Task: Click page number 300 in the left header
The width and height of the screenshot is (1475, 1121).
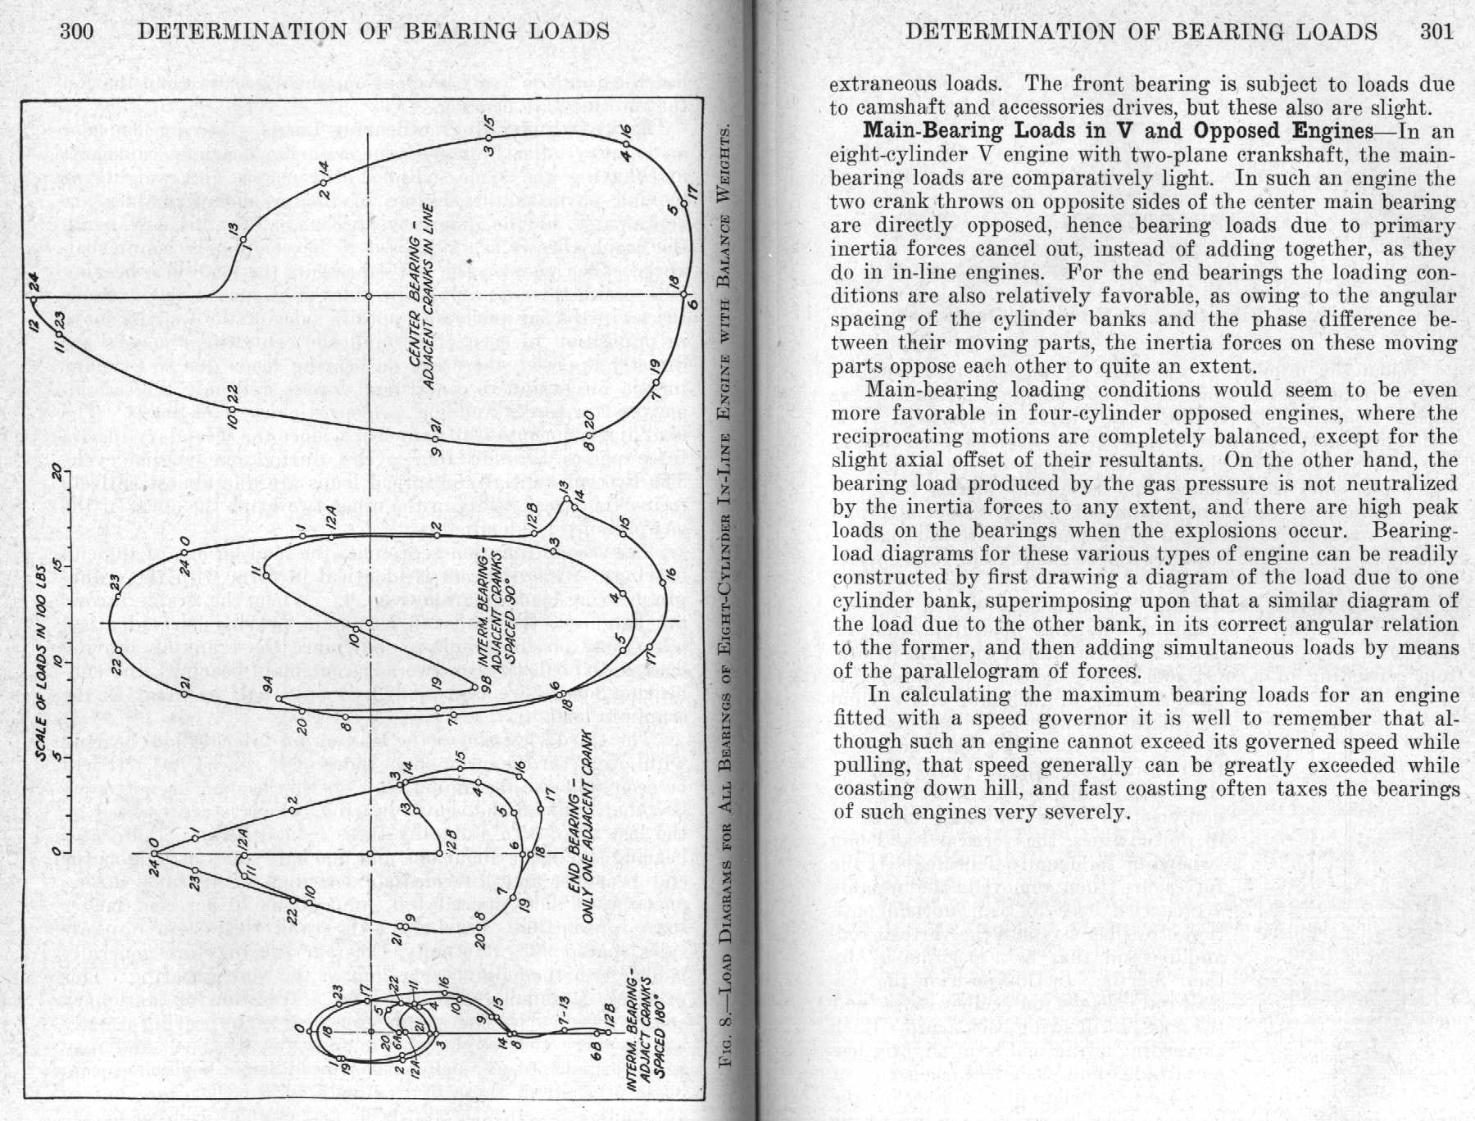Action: (x=77, y=32)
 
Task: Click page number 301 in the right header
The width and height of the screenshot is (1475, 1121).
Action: (x=1436, y=32)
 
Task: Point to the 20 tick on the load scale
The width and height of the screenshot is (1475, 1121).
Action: (x=56, y=472)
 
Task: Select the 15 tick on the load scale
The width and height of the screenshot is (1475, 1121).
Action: (x=56, y=566)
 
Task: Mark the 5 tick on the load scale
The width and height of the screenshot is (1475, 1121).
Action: (x=56, y=756)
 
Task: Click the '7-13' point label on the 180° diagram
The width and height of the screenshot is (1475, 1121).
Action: (x=564, y=1014)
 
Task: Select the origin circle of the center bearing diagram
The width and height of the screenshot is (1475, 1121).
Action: (x=369, y=296)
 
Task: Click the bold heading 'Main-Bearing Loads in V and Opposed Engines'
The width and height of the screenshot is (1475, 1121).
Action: (x=1118, y=131)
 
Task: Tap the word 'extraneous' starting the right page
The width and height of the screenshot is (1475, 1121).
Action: (x=882, y=84)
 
